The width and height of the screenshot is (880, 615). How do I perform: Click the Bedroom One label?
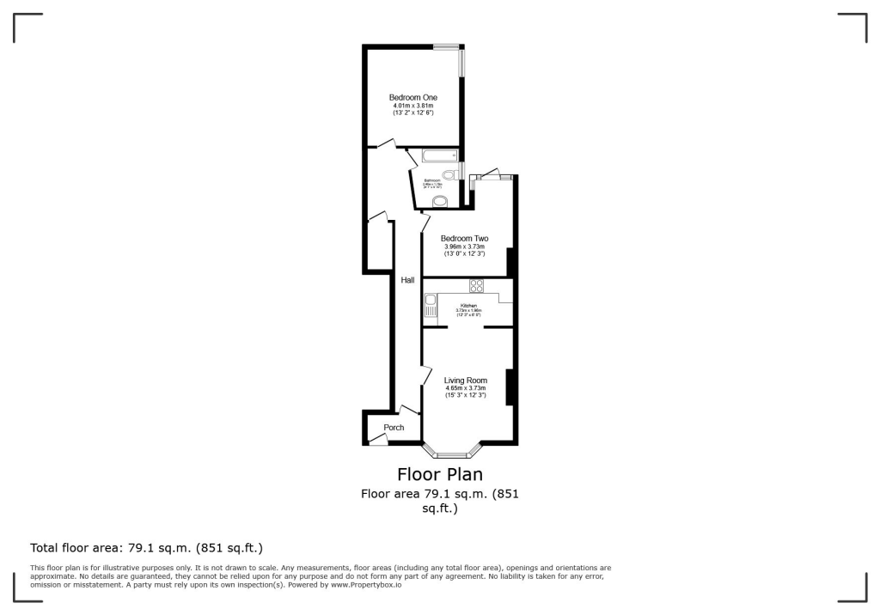(412, 97)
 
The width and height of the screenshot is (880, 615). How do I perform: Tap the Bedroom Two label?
(464, 238)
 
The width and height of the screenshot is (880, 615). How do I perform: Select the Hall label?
(407, 280)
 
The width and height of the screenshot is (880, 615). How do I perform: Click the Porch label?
(394, 428)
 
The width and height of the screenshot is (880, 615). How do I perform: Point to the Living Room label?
(465, 381)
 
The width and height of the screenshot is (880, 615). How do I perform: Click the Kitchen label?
(468, 306)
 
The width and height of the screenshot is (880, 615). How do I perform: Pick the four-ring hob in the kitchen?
(476, 286)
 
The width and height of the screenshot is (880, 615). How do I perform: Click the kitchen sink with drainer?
(430, 306)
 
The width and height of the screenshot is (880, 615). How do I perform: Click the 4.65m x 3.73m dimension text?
(465, 388)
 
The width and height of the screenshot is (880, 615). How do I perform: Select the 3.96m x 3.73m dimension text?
(464, 247)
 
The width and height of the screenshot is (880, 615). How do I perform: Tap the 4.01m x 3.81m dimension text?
(412, 106)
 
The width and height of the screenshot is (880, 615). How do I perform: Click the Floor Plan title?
(439, 474)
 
